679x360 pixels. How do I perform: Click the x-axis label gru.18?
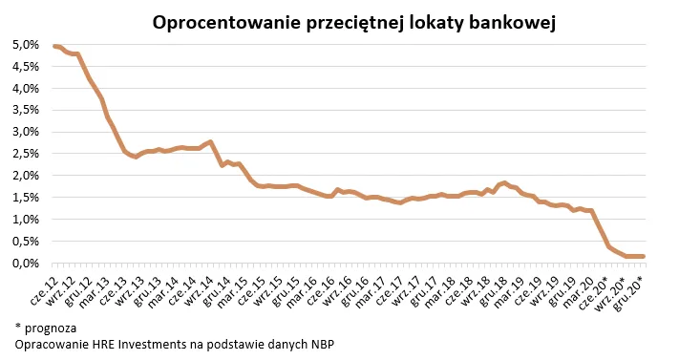[x=495, y=286]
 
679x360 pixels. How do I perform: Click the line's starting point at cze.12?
[x=53, y=46]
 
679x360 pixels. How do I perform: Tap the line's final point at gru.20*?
[x=643, y=256]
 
